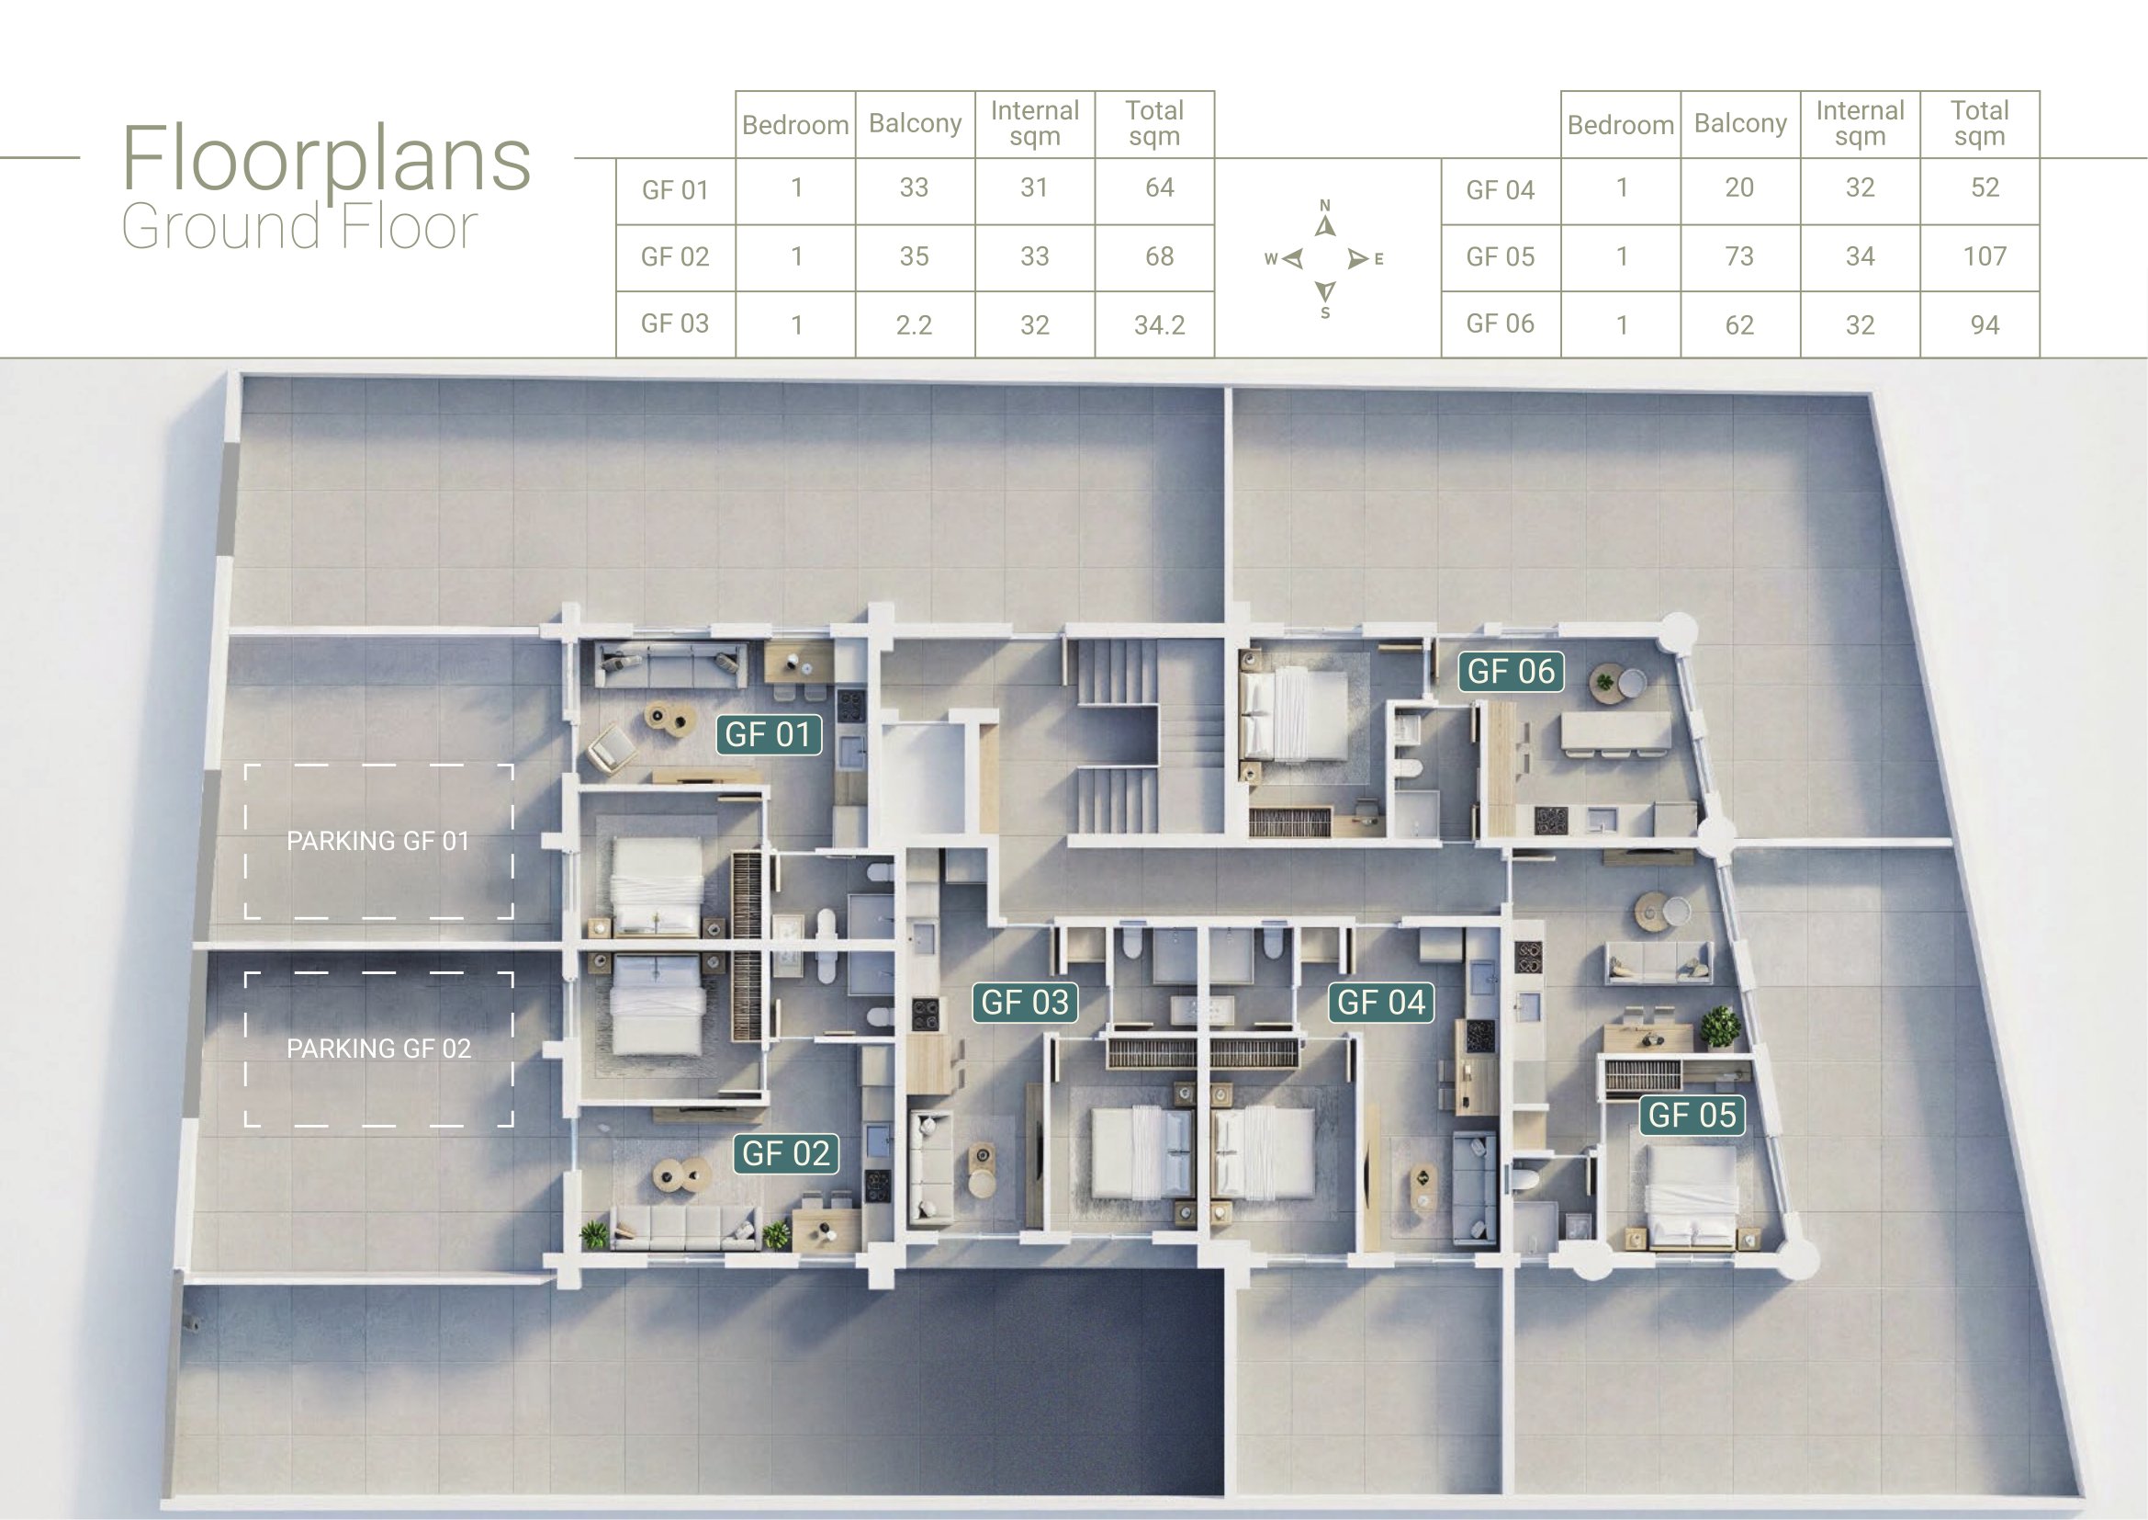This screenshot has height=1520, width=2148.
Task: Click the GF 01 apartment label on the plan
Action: [x=768, y=735]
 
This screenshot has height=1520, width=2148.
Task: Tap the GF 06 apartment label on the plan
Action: [x=1511, y=671]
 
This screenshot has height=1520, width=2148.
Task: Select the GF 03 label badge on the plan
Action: [x=1025, y=1003]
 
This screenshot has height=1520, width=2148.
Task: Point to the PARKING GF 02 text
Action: [x=379, y=1049]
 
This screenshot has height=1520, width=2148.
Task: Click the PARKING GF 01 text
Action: [x=378, y=841]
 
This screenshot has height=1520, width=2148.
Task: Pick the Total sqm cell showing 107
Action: [x=1985, y=256]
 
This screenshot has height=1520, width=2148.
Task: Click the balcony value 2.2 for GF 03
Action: [x=914, y=324]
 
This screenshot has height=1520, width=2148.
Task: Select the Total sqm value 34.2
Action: [x=1159, y=324]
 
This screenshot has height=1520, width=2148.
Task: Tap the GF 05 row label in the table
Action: [x=1501, y=256]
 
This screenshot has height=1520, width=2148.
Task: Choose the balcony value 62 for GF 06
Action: [x=1739, y=324]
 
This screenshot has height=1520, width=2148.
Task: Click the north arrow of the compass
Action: [x=1325, y=225]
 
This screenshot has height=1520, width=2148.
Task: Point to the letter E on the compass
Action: [x=1378, y=259]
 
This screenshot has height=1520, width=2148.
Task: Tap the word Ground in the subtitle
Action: [x=221, y=226]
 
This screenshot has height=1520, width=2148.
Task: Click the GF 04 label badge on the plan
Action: [x=1381, y=1003]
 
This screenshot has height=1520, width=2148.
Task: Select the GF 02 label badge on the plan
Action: [x=786, y=1153]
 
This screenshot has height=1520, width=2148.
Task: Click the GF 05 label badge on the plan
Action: [x=1692, y=1115]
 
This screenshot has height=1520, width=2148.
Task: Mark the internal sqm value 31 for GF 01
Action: [x=1034, y=187]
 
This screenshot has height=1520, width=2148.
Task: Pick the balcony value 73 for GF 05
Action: [x=1739, y=256]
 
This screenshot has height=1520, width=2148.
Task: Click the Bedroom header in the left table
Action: [x=795, y=124]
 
